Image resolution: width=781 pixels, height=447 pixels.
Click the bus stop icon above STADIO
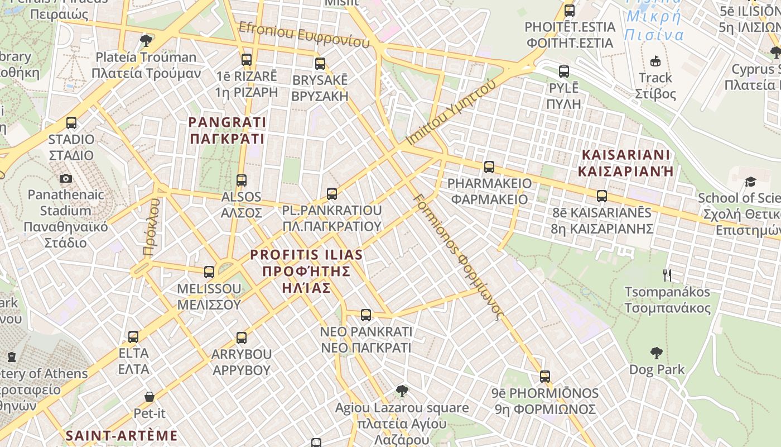coord(71,123)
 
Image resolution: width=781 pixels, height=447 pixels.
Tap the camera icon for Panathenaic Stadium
coord(66,179)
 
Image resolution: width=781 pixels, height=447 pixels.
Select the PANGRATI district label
coord(227,130)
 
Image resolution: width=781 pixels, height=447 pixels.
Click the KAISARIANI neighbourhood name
coord(625,163)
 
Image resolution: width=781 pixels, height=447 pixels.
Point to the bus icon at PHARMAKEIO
coord(489,167)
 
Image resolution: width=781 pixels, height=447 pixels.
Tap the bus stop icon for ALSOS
coord(242,180)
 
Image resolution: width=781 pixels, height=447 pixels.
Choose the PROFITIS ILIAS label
coord(306,271)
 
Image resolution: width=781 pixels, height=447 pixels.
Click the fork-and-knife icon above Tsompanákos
coord(667,275)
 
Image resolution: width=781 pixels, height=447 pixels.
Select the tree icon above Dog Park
coord(656,353)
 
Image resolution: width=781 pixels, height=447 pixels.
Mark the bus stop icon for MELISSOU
coord(209,272)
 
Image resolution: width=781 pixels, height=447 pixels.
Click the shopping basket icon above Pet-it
coord(150,397)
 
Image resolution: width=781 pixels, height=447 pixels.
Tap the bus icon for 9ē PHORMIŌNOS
coord(545,377)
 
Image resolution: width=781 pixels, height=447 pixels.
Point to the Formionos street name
coord(459,257)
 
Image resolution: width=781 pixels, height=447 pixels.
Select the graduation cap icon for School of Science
coord(750,182)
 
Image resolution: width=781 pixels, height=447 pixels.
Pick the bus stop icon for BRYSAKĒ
coord(320,64)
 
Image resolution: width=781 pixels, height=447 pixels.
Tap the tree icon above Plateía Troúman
coord(146,40)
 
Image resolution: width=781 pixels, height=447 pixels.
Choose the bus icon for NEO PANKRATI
coord(366,315)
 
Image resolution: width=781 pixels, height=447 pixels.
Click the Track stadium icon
coord(655,61)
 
